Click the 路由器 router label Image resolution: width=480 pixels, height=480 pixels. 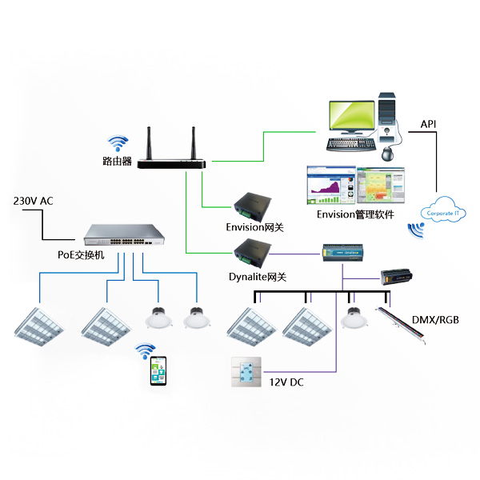pos(117,162)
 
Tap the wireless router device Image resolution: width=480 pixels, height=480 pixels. pos(171,162)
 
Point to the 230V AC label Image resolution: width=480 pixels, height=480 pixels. pos(34,201)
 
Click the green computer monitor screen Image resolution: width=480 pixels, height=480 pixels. pos(350,118)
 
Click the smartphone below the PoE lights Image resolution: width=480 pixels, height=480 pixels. pos(159,372)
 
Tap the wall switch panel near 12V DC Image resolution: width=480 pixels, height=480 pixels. pos(246,372)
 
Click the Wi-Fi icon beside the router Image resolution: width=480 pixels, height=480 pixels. pos(118,143)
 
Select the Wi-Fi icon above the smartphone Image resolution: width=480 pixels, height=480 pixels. pos(145,350)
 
